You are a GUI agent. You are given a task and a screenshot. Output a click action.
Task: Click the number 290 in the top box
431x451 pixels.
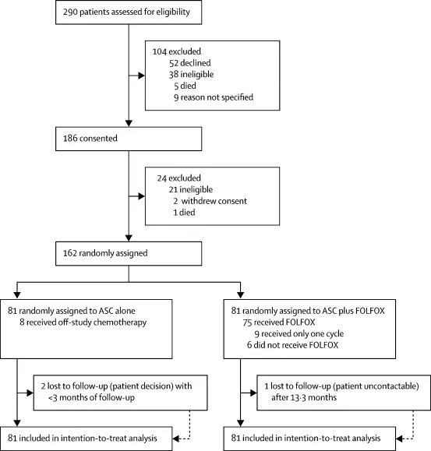pos(70,12)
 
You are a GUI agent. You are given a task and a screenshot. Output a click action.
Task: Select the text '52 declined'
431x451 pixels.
pos(190,63)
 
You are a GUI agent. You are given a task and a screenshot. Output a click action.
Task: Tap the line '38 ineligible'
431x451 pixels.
pos(191,75)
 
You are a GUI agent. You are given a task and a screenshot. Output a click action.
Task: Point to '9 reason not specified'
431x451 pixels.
pos(214,97)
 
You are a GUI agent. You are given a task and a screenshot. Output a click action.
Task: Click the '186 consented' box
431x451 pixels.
pos(129,139)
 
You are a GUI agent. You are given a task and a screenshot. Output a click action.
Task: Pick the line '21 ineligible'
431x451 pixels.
pos(191,189)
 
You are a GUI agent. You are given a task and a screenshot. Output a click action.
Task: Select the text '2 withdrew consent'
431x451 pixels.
pos(210,201)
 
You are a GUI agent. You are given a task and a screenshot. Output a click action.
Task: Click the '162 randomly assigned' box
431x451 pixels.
pos(129,253)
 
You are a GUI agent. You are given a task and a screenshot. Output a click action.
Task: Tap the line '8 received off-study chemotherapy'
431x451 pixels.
pos(83,322)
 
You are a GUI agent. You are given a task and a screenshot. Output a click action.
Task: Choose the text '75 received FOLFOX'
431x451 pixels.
pos(279,322)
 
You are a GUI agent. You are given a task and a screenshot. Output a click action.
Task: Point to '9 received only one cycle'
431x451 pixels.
pos(299,334)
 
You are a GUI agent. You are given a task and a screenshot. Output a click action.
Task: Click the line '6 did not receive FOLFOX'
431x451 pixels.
pos(292,345)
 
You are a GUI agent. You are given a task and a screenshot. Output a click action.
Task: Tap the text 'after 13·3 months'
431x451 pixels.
pos(304,397)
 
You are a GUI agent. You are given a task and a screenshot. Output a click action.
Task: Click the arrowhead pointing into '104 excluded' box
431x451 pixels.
pos(142,76)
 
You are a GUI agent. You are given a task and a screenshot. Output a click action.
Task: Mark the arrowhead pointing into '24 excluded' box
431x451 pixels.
pos(142,196)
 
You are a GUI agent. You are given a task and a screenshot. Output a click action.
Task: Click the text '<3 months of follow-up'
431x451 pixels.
pos(91,398)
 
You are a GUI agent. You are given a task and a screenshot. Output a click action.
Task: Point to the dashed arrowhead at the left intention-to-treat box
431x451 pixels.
pos(176,439)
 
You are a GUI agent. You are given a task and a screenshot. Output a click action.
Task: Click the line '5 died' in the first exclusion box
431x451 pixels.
pos(185,86)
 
